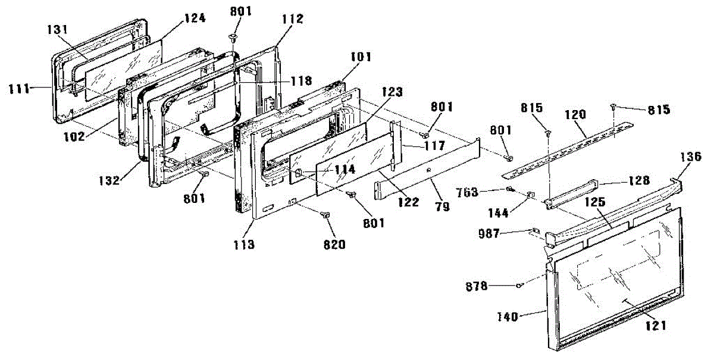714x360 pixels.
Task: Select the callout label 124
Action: (x=195, y=18)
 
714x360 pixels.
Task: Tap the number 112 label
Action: (x=293, y=19)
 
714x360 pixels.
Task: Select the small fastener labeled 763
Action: (x=510, y=190)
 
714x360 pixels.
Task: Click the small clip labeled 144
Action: (x=532, y=194)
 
